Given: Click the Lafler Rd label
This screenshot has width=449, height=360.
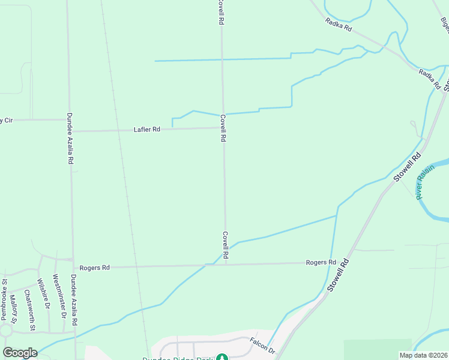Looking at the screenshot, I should [x=147, y=129].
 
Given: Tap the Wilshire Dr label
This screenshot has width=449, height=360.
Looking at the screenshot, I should [x=44, y=293].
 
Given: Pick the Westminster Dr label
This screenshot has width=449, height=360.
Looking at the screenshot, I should [x=59, y=295].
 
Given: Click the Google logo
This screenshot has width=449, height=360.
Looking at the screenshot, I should [x=20, y=353].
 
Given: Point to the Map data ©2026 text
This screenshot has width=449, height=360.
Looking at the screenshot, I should [x=423, y=355].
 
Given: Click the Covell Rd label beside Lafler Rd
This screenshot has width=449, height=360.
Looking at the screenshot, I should [x=223, y=128].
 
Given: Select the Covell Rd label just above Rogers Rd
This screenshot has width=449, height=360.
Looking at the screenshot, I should [x=225, y=245].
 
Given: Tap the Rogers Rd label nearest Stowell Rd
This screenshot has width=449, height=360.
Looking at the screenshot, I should [x=321, y=262].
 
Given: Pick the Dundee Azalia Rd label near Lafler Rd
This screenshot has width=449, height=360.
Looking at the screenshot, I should [x=70, y=139].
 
